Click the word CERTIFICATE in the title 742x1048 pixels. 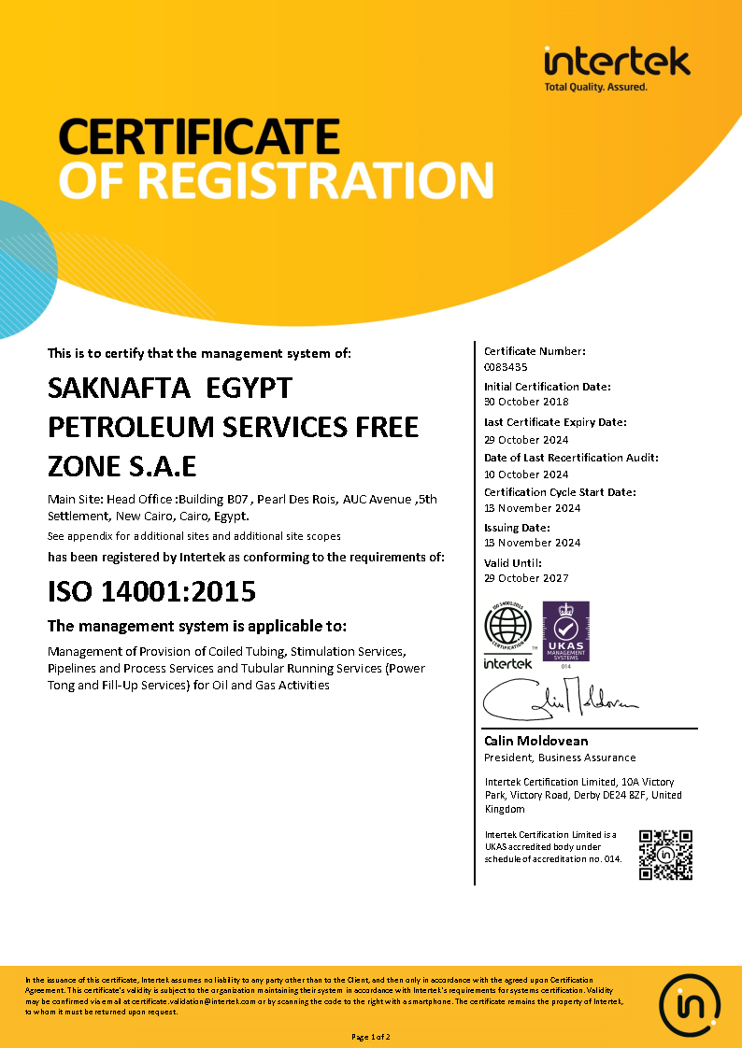[x=198, y=136]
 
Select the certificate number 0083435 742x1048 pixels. [x=506, y=367]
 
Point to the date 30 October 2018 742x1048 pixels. [x=526, y=402]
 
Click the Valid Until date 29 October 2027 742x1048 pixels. [x=526, y=578]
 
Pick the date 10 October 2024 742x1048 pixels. [x=526, y=474]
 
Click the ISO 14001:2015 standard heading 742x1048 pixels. [x=151, y=591]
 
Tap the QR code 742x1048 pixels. [x=665, y=854]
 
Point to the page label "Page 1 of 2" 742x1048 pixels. [x=371, y=1037]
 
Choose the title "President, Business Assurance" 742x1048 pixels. [x=560, y=758]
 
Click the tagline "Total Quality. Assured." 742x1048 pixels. [x=595, y=87]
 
